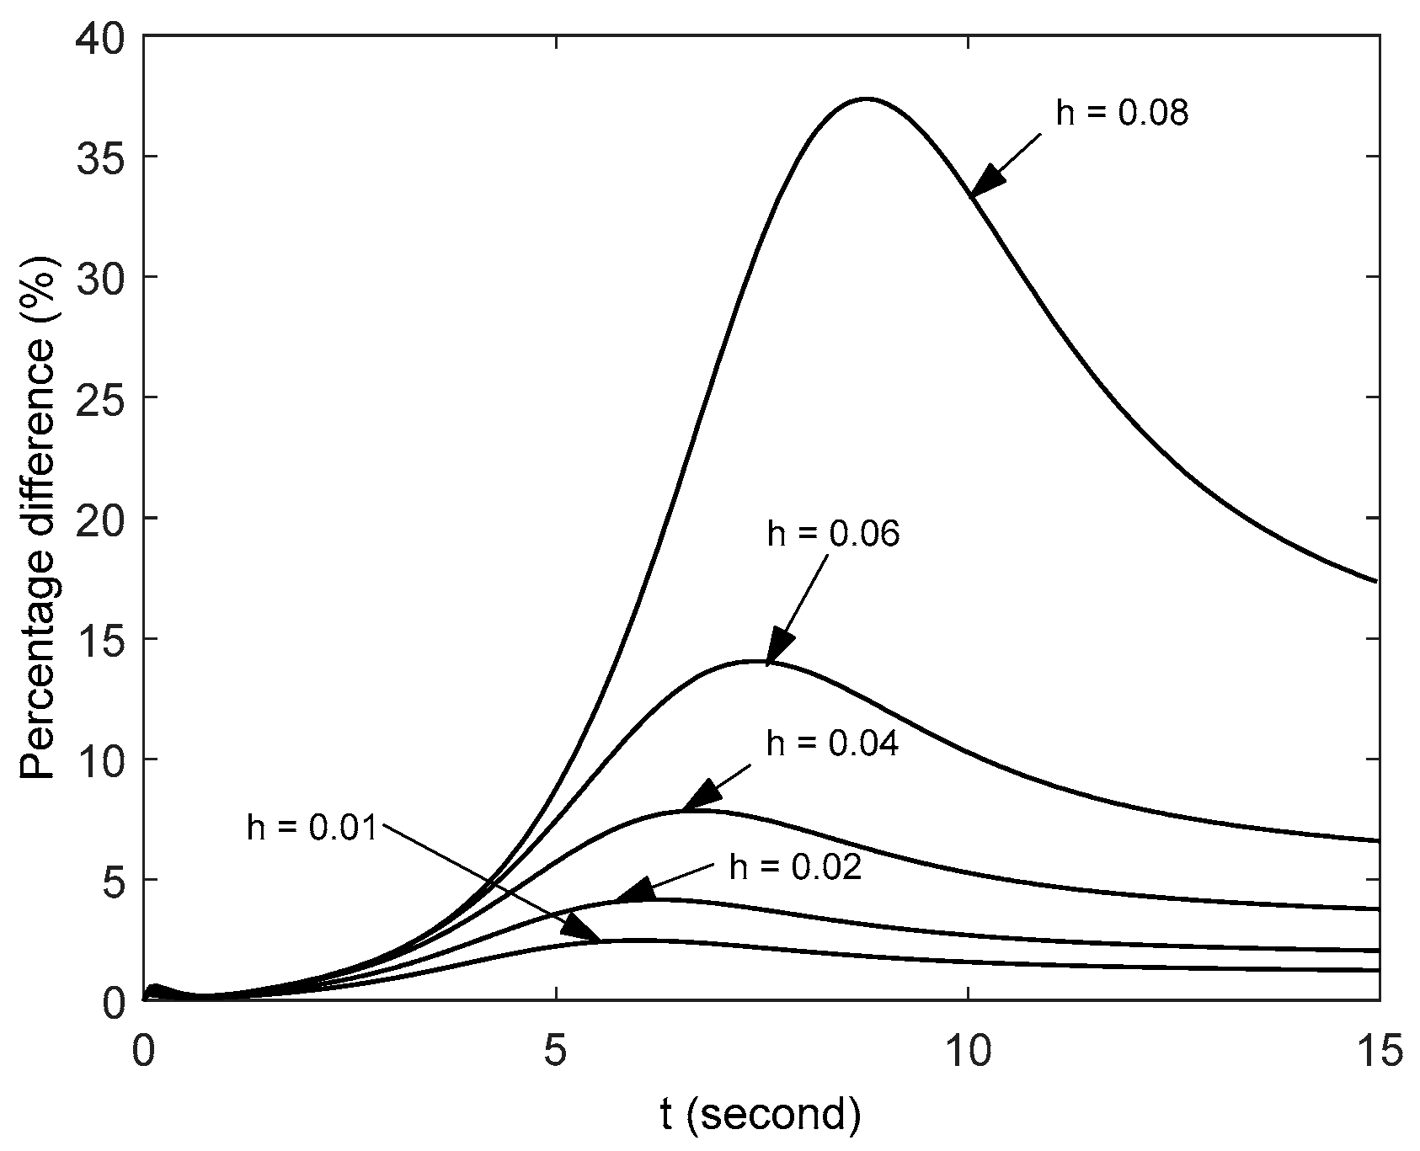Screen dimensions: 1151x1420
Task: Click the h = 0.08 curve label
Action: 1122,113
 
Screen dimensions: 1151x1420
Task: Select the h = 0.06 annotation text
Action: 833,534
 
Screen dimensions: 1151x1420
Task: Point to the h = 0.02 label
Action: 795,867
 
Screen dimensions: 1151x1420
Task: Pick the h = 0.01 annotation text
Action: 313,827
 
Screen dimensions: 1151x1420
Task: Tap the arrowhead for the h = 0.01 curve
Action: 581,929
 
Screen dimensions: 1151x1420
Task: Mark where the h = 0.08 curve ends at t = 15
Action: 1377,580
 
